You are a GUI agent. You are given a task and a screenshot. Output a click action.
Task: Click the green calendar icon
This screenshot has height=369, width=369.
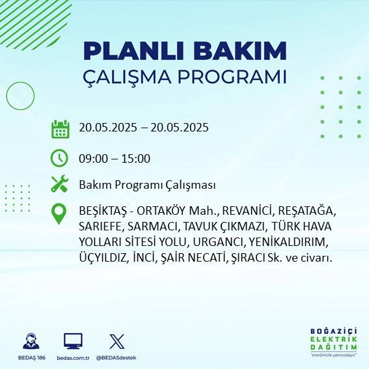pyautogui.click(x=60, y=129)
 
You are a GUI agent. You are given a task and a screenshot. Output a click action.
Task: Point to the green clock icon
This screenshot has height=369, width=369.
pyautogui.click(x=59, y=157)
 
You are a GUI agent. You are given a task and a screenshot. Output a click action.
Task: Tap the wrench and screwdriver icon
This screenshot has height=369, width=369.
pyautogui.click(x=60, y=184)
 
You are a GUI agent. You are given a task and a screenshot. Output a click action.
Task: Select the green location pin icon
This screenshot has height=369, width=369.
pyautogui.click(x=59, y=213)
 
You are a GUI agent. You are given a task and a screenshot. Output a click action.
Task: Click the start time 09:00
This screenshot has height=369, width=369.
pyautogui.click(x=92, y=158)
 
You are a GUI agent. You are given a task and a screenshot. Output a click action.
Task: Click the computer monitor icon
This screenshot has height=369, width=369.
pyautogui.click(x=73, y=341)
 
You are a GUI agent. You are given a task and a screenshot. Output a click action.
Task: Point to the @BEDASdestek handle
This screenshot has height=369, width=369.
pyautogui.click(x=116, y=358)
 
